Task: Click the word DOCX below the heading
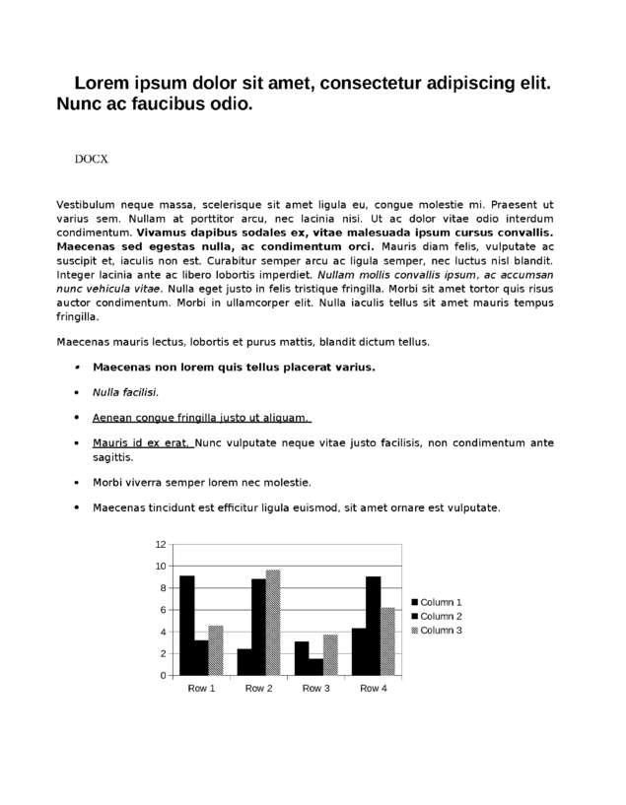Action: (x=91, y=159)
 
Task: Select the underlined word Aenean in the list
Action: (x=112, y=417)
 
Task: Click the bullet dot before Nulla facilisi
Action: (x=77, y=392)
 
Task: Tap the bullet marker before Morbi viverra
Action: (x=77, y=483)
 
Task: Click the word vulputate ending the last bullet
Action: (x=471, y=508)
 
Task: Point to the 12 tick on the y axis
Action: (x=161, y=544)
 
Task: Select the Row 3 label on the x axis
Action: (x=315, y=688)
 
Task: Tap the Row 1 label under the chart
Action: (x=201, y=688)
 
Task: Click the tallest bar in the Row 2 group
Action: (x=273, y=623)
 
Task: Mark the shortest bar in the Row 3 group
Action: (x=315, y=667)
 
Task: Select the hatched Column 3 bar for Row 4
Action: (x=387, y=641)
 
